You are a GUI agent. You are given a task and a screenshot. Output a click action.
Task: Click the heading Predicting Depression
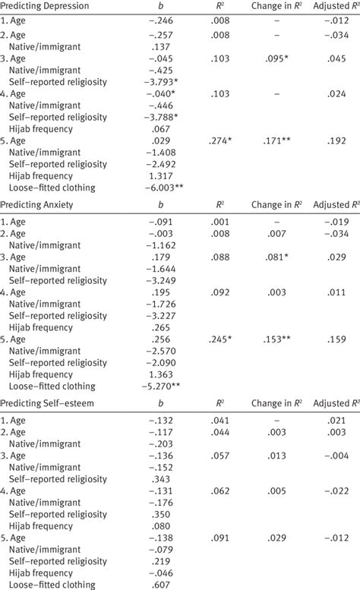tap(45, 6)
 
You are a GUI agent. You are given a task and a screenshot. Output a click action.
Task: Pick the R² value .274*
tap(221, 141)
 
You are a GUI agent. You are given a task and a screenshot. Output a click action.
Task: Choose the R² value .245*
tap(221, 339)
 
